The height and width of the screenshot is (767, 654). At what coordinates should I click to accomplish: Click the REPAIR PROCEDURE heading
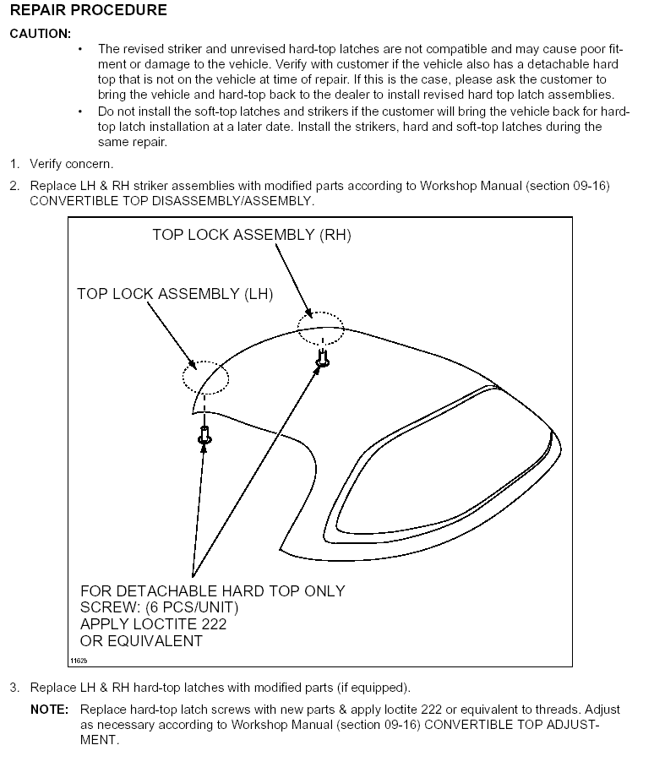tap(88, 11)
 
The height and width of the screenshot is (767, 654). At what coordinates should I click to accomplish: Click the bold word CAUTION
tap(40, 33)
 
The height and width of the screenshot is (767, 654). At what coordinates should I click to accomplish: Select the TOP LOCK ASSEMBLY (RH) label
tap(251, 235)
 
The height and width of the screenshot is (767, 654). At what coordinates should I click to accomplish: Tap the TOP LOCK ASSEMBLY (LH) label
tap(175, 294)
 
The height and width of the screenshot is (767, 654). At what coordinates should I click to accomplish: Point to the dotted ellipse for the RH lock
tap(320, 328)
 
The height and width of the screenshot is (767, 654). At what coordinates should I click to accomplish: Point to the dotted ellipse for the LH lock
tap(205, 377)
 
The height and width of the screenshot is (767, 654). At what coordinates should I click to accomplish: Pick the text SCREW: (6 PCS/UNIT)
tap(159, 607)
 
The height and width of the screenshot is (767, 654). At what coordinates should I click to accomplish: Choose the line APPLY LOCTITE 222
tap(153, 624)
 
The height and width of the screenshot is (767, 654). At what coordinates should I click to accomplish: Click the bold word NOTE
tap(50, 710)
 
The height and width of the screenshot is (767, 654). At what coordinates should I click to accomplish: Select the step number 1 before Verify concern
tap(14, 163)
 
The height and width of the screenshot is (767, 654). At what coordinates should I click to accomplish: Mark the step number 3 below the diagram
tap(14, 687)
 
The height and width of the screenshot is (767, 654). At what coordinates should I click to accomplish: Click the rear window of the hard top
tap(439, 473)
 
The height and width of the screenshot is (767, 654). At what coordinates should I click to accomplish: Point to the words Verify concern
tap(71, 163)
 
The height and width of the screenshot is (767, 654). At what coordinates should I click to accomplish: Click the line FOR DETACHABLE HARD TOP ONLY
tap(212, 590)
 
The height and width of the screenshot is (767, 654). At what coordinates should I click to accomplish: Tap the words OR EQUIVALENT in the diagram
tap(141, 641)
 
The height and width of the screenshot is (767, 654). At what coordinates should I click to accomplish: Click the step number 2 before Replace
tap(14, 186)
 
